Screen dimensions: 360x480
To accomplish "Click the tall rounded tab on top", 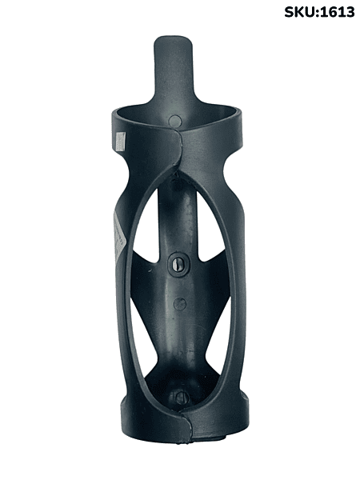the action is pos(174,70).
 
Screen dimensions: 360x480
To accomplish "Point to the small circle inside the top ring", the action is pos(174,120).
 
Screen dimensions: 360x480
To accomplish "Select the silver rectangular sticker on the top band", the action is pos(121,141).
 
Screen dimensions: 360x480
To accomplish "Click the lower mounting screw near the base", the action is pos(180,398).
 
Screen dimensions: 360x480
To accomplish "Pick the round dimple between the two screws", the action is pos(180,303).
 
